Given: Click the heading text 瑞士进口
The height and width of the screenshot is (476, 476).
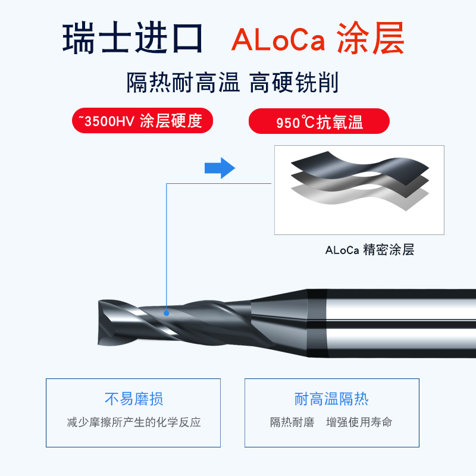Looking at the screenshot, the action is point(133,39).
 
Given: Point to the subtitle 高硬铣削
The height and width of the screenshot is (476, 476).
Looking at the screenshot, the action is point(294,83).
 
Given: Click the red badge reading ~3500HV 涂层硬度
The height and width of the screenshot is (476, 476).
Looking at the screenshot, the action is point(141,121).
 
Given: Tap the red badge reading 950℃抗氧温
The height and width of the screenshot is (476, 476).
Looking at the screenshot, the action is point(319,122).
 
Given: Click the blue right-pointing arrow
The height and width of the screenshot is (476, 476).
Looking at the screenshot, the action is point(220,168).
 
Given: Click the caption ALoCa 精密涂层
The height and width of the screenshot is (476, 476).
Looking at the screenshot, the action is point(369,250).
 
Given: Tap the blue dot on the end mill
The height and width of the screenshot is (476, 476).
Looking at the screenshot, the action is point(167,312).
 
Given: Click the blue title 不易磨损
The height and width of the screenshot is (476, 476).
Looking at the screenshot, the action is point(133,399).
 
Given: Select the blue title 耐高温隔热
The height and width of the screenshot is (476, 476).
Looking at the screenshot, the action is point(331,399).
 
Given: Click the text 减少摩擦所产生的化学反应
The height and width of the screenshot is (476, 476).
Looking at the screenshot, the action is point(133,422).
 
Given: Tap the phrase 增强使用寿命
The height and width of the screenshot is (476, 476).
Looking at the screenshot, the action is point(359,422).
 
